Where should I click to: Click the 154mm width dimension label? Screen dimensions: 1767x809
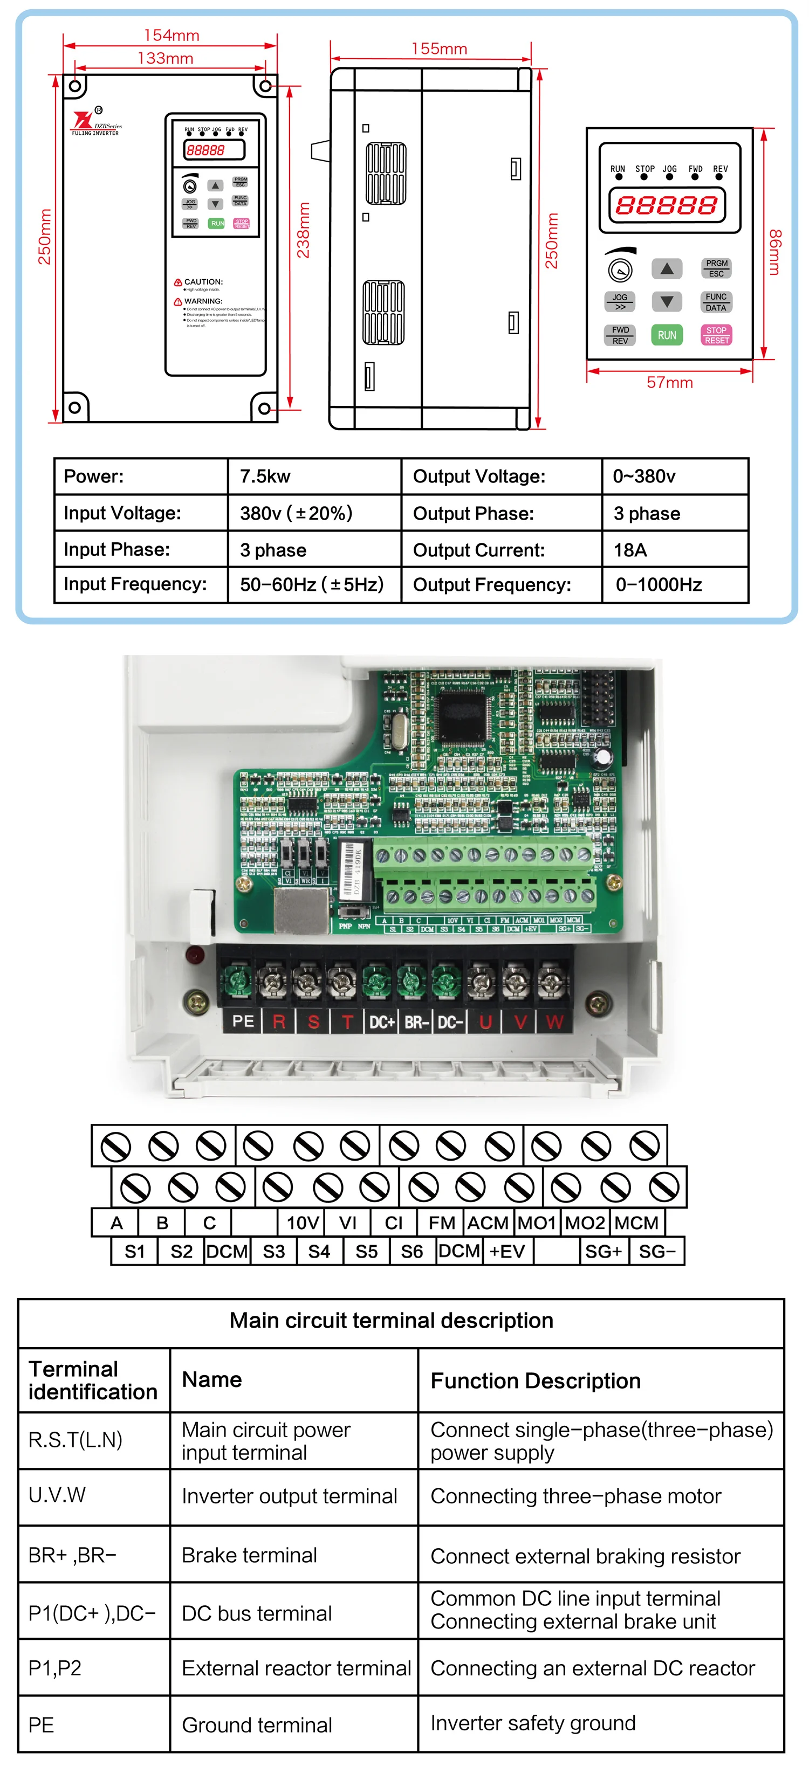coord(171,36)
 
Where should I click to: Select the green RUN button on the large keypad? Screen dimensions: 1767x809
coord(666,335)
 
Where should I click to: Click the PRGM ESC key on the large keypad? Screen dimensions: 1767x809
coord(716,268)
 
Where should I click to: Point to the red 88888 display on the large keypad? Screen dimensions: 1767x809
coord(666,205)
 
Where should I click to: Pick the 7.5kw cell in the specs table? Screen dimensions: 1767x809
coord(265,477)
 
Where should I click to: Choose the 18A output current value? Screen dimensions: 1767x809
coord(630,550)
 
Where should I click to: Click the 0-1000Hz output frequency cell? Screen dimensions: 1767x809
coord(659,585)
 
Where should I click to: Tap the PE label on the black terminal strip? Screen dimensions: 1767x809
coord(243,1021)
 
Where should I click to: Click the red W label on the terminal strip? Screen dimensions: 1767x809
coord(554,1022)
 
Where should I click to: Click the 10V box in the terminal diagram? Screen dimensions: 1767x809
coord(302,1223)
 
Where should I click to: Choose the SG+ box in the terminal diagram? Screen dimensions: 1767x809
coord(602,1252)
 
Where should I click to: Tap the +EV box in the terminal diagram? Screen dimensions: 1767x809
coord(507,1252)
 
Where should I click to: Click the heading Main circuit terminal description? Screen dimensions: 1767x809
coord(391,1321)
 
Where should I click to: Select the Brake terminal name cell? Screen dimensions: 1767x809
coord(249,1555)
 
